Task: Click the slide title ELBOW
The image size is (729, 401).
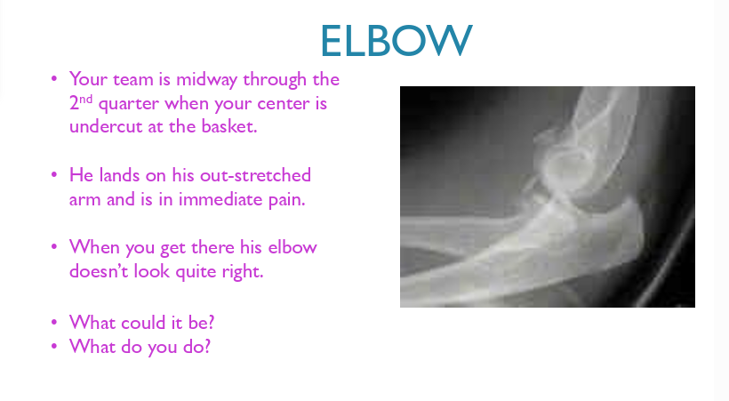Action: pyautogui.click(x=397, y=41)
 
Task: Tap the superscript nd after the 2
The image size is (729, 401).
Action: pyautogui.click(x=86, y=100)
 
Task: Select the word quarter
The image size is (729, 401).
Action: pyautogui.click(x=129, y=104)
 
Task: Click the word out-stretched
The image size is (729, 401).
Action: pyautogui.click(x=255, y=175)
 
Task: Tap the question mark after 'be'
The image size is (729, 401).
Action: pyautogui.click(x=211, y=323)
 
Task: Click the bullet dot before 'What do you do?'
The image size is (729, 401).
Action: pyautogui.click(x=54, y=346)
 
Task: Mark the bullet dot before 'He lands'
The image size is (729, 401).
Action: pyautogui.click(x=54, y=175)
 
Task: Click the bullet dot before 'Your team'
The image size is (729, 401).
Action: pyautogui.click(x=54, y=78)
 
